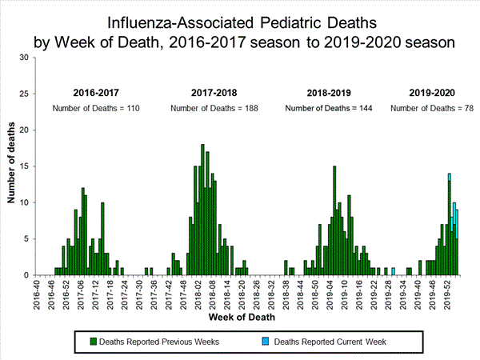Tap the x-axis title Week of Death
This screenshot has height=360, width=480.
point(239,318)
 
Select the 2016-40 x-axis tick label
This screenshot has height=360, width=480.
point(35,292)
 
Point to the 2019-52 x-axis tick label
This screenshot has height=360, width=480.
point(449,292)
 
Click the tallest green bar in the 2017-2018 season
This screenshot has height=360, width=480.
point(202,210)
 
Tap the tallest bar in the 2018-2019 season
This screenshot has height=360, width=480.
point(334,220)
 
